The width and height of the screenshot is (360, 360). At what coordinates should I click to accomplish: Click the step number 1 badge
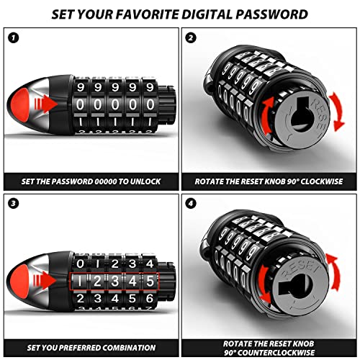tap(13, 37)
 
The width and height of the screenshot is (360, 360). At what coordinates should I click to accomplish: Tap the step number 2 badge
tap(191, 37)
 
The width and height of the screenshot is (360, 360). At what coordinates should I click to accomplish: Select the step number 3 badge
tap(13, 204)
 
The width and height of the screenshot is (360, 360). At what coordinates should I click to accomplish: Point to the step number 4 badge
tap(191, 204)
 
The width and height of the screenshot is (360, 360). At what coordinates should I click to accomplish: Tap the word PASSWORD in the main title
tap(271, 14)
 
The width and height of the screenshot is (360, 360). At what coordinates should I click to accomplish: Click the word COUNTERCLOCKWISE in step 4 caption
tap(276, 353)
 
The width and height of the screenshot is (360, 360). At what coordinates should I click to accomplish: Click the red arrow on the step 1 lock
tap(45, 104)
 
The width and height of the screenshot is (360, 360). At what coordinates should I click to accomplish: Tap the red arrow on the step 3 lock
tap(45, 280)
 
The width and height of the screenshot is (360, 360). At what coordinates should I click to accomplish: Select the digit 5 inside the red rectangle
tap(150, 281)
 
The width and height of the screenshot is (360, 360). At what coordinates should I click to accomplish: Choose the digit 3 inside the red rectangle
tap(115, 281)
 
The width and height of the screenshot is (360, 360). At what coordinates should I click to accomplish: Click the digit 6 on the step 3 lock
tap(150, 299)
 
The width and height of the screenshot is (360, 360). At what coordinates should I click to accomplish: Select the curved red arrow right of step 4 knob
tap(335, 272)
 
